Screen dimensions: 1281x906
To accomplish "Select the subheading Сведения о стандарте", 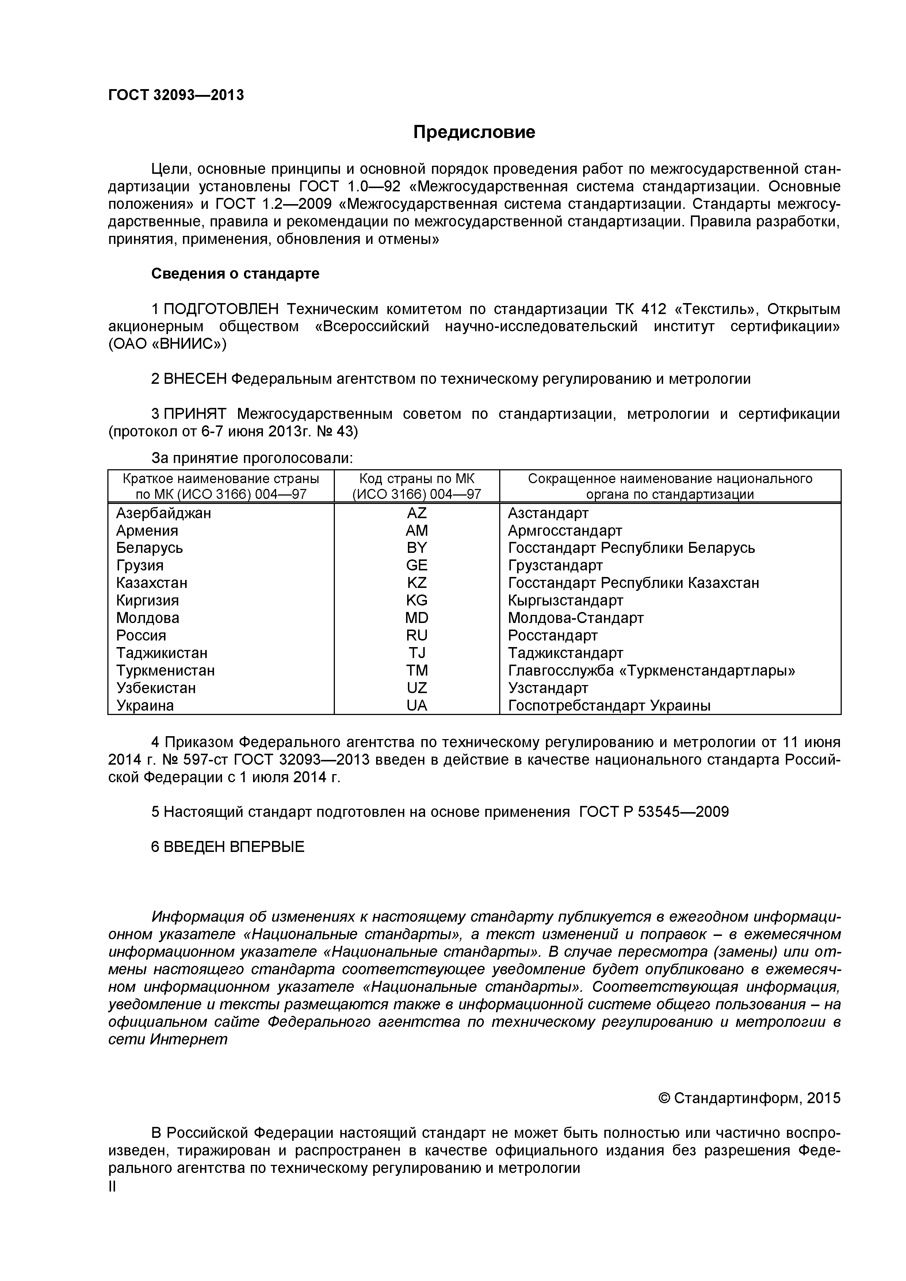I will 236,274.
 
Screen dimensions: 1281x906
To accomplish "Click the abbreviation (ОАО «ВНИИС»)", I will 167,344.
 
